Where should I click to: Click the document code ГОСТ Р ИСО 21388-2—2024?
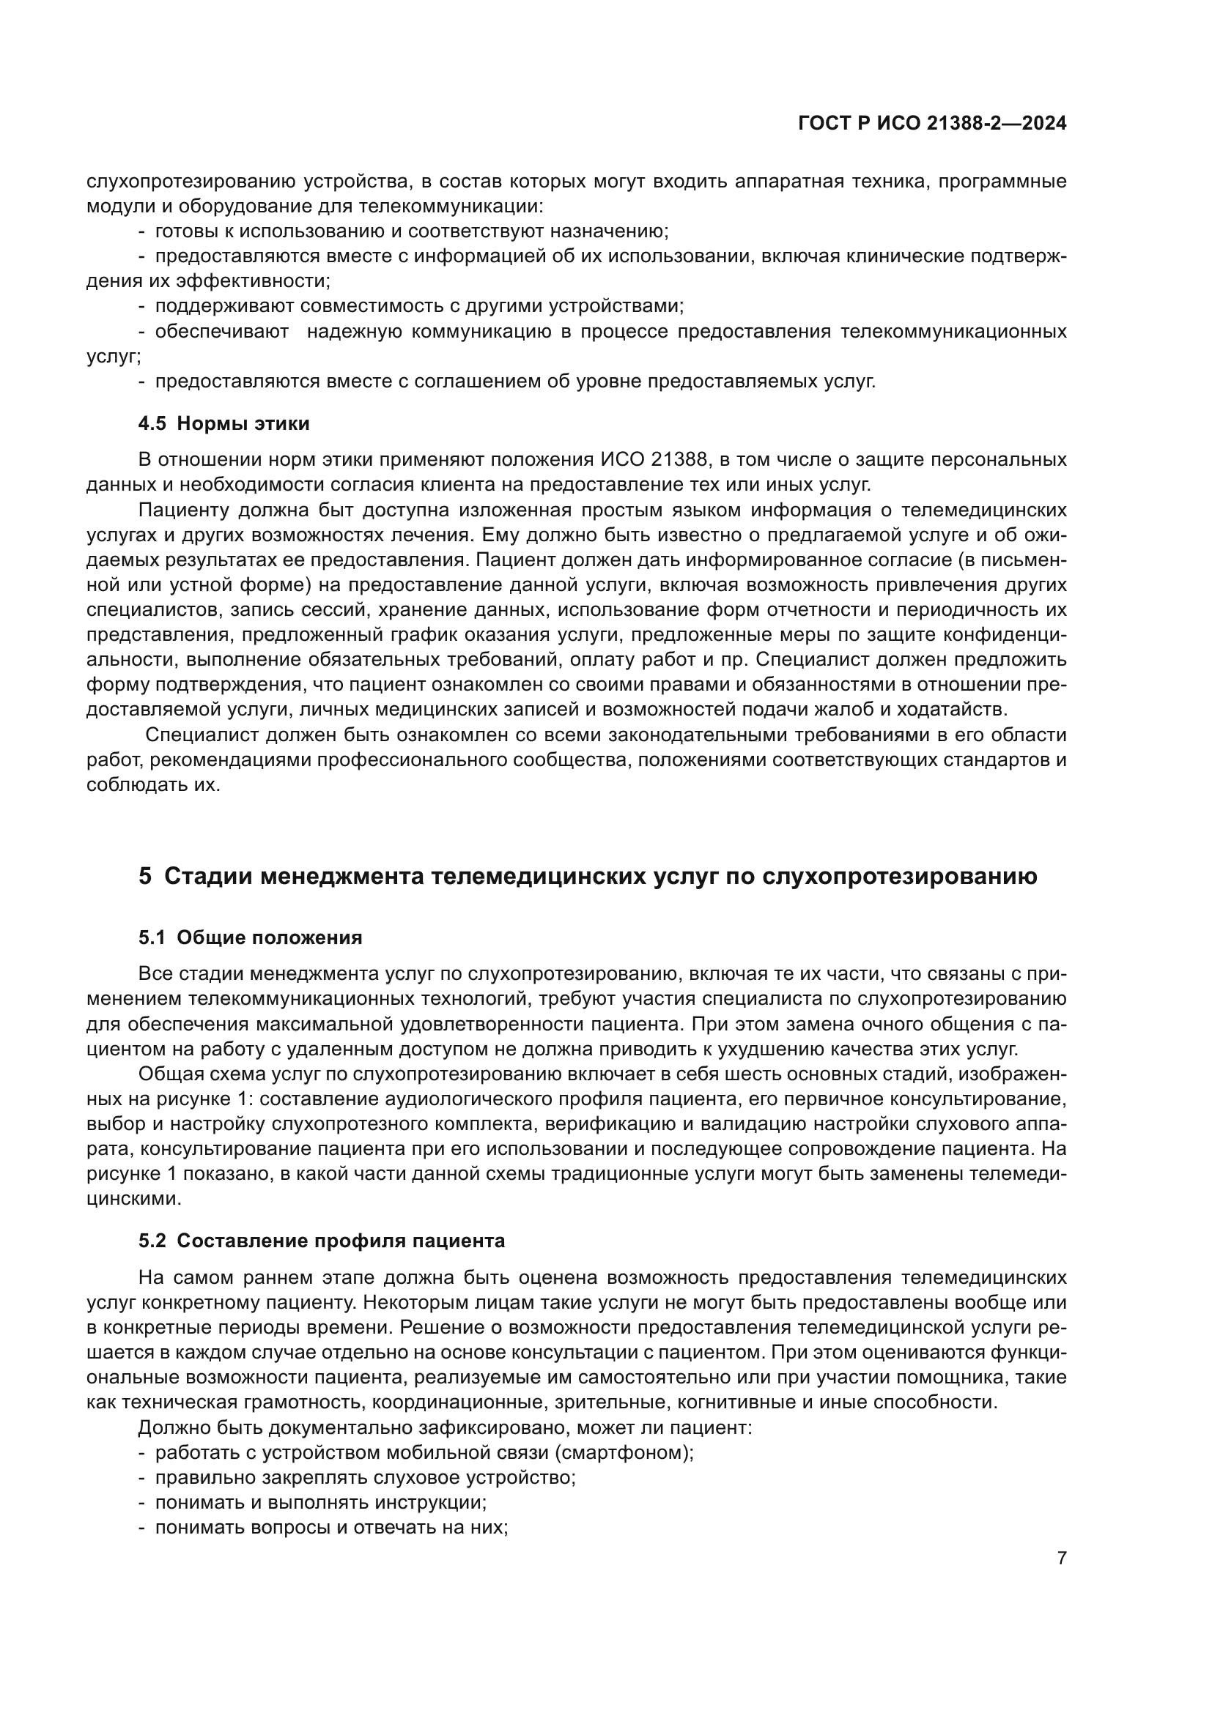(x=932, y=123)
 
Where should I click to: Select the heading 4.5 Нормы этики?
(x=224, y=424)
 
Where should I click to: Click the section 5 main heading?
(x=588, y=876)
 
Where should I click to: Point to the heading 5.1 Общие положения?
(x=250, y=938)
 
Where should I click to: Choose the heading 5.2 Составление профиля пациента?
(x=322, y=1241)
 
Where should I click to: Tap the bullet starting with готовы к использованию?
(x=411, y=231)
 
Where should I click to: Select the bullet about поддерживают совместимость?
(x=418, y=306)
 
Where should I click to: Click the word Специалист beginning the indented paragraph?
(x=195, y=735)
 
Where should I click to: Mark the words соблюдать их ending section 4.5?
(x=153, y=785)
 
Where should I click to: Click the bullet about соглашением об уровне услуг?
(x=515, y=382)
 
